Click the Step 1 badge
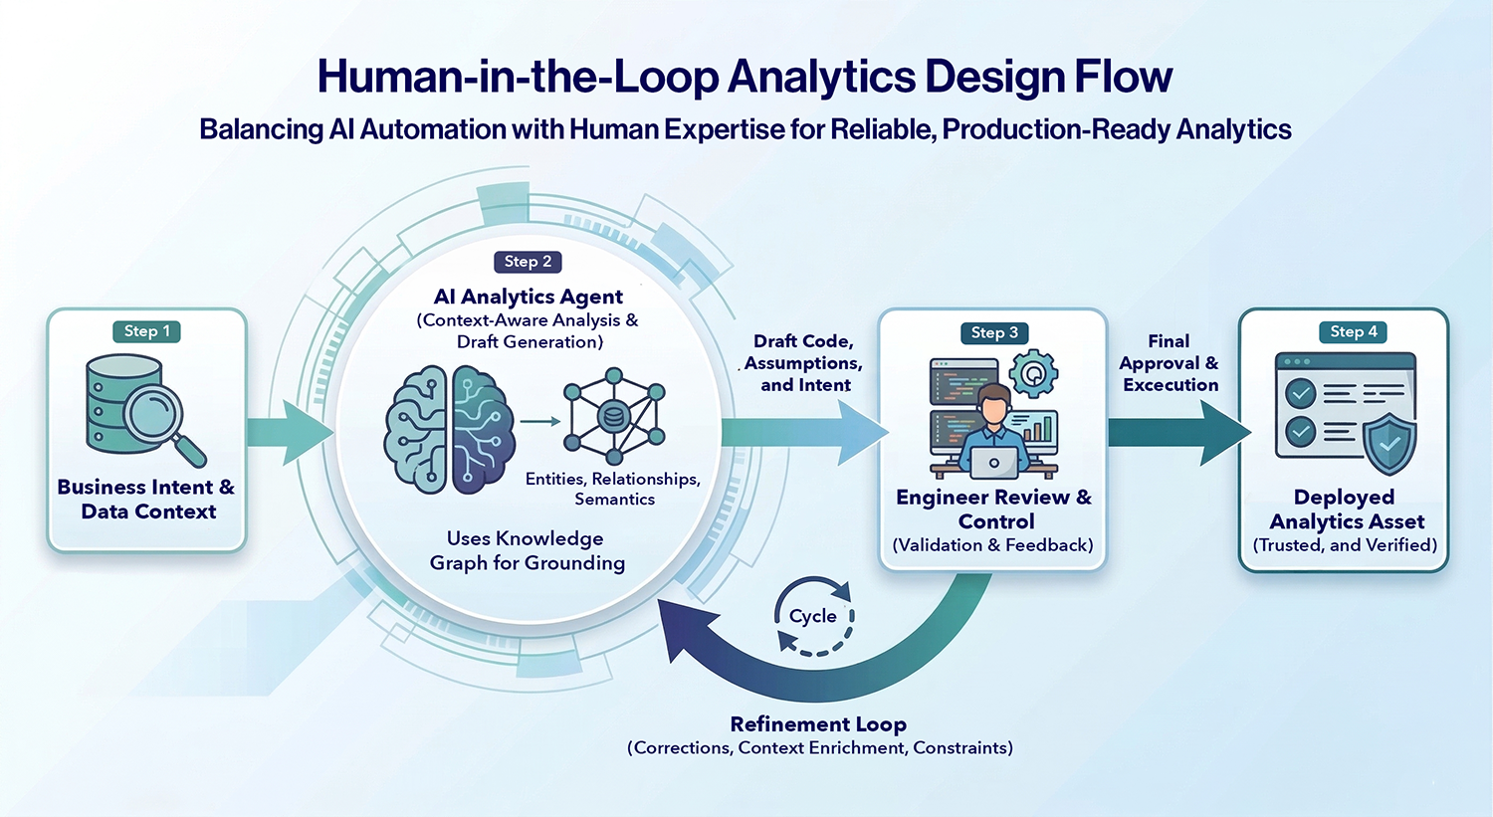[x=146, y=331]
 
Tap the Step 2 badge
[x=528, y=262]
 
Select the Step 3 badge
[x=994, y=332]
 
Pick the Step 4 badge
[x=1354, y=331]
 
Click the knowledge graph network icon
[x=614, y=417]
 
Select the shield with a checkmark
[x=1389, y=443]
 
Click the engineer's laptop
[x=993, y=463]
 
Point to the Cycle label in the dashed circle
[x=813, y=616]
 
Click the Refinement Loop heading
[x=818, y=724]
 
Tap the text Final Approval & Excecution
[x=1170, y=363]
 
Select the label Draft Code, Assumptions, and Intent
[x=804, y=363]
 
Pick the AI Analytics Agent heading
[x=528, y=297]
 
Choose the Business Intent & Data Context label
[x=146, y=500]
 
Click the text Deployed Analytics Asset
[x=1345, y=510]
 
